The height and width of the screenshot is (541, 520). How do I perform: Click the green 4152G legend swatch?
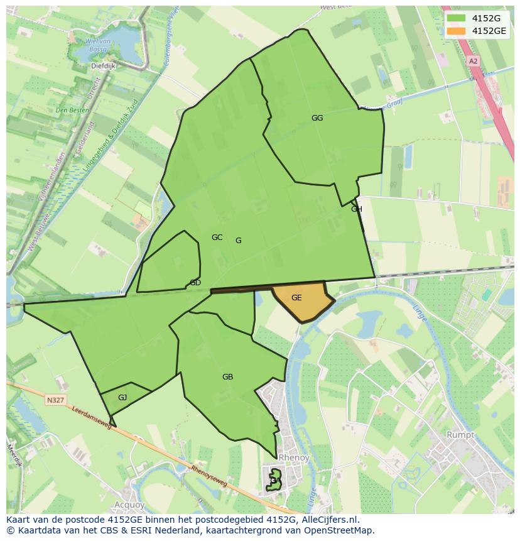[457, 18]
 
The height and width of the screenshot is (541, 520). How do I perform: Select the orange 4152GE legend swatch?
[457, 31]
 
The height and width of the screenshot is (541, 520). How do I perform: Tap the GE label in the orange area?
[296, 298]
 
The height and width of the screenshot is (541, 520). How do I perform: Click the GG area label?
[317, 117]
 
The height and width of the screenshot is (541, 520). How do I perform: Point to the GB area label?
[227, 377]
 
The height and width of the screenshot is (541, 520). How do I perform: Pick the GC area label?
[217, 238]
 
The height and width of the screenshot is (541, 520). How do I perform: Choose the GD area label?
[195, 283]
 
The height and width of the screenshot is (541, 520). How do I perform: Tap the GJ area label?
[122, 397]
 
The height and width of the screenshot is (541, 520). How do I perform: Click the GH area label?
[357, 209]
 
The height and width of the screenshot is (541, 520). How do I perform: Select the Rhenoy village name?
[293, 458]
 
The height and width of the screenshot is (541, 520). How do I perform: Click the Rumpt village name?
[460, 435]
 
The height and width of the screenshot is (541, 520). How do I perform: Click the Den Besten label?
[71, 110]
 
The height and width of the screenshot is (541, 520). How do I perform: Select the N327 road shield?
[55, 400]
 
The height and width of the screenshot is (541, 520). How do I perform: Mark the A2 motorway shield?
[473, 61]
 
